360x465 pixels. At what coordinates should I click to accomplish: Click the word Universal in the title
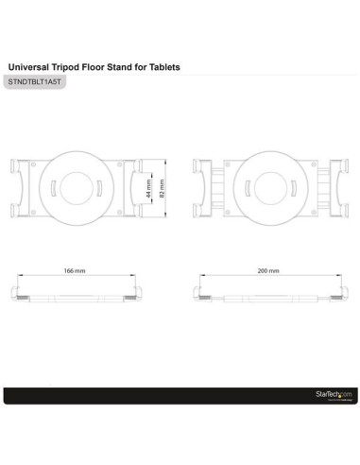(x=28, y=68)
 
